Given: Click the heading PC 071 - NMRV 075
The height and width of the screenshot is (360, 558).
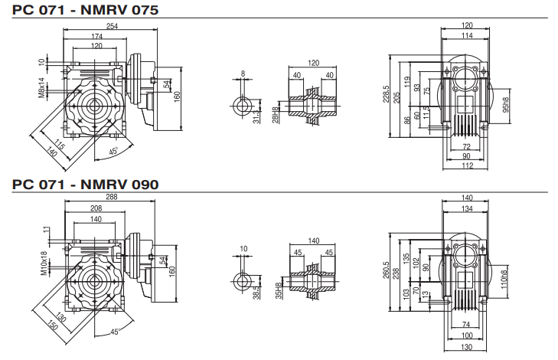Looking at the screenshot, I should (x=85, y=11).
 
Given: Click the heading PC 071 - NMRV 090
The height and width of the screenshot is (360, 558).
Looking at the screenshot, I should (x=85, y=184).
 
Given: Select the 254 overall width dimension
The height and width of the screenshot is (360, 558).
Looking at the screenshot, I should (x=112, y=25).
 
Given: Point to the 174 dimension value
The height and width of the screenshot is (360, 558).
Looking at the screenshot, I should (x=97, y=36).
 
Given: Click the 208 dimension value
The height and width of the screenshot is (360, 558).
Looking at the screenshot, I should (x=97, y=208).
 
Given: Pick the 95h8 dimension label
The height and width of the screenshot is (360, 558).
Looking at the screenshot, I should (x=506, y=105).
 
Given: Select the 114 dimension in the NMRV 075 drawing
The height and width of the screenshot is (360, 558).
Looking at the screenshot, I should (x=467, y=35).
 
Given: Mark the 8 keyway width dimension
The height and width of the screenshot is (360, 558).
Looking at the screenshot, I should (x=244, y=74).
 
